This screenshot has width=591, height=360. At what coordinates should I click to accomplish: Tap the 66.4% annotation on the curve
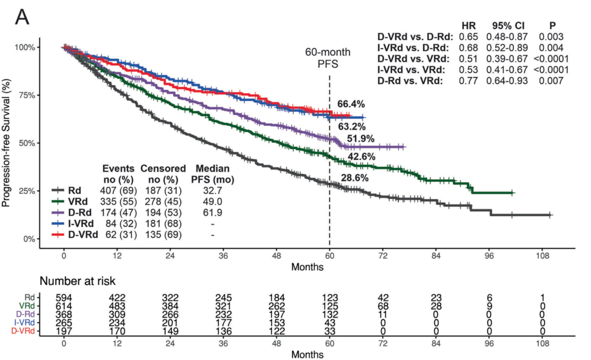point(351,103)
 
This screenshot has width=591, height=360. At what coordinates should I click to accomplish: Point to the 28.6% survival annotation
point(354,178)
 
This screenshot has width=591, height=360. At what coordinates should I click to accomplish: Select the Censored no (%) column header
point(163,173)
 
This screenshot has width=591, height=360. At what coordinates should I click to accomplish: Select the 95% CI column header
point(509,26)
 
